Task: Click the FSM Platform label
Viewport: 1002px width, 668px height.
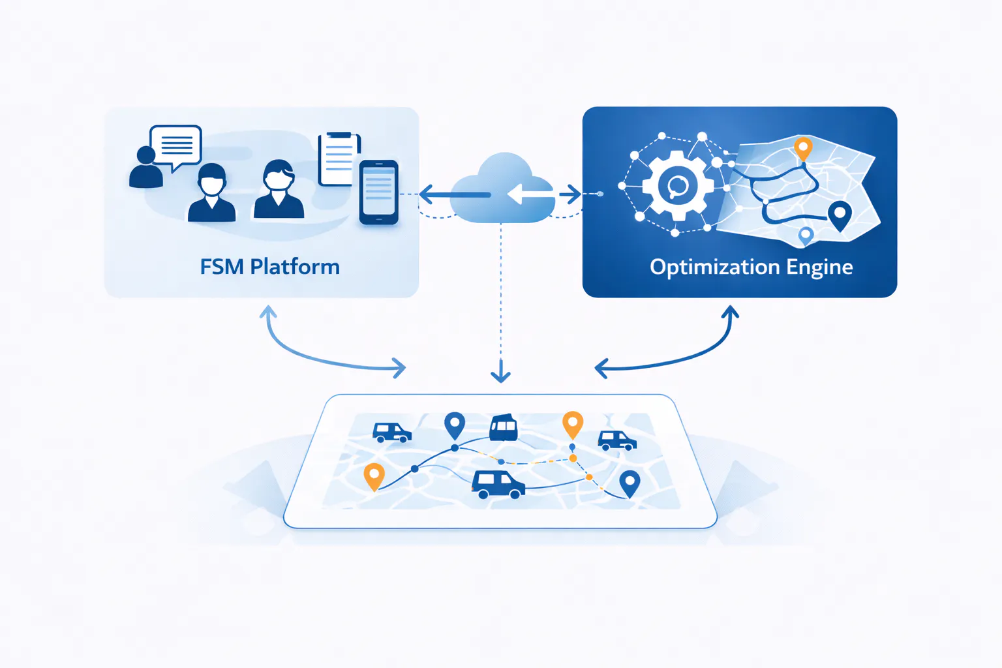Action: click(x=269, y=267)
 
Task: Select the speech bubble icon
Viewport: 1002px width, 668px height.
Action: click(x=175, y=145)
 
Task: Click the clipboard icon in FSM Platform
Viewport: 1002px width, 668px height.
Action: click(x=338, y=159)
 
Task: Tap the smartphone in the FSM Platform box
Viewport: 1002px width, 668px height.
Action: click(x=378, y=192)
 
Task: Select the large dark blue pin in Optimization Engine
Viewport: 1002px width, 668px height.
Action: click(x=839, y=215)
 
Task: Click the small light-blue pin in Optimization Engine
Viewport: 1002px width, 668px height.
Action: click(x=806, y=235)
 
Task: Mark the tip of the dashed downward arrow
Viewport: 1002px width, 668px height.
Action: click(x=500, y=379)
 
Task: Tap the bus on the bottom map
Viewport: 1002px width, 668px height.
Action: click(x=504, y=428)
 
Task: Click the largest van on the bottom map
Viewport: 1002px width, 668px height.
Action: click(x=498, y=484)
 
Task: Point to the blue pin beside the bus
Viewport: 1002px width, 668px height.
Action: click(x=454, y=425)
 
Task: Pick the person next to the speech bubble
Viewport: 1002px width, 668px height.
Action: click(x=146, y=168)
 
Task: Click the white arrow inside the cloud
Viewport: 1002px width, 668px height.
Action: click(x=528, y=194)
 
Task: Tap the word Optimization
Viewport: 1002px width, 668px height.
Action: click(x=714, y=267)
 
